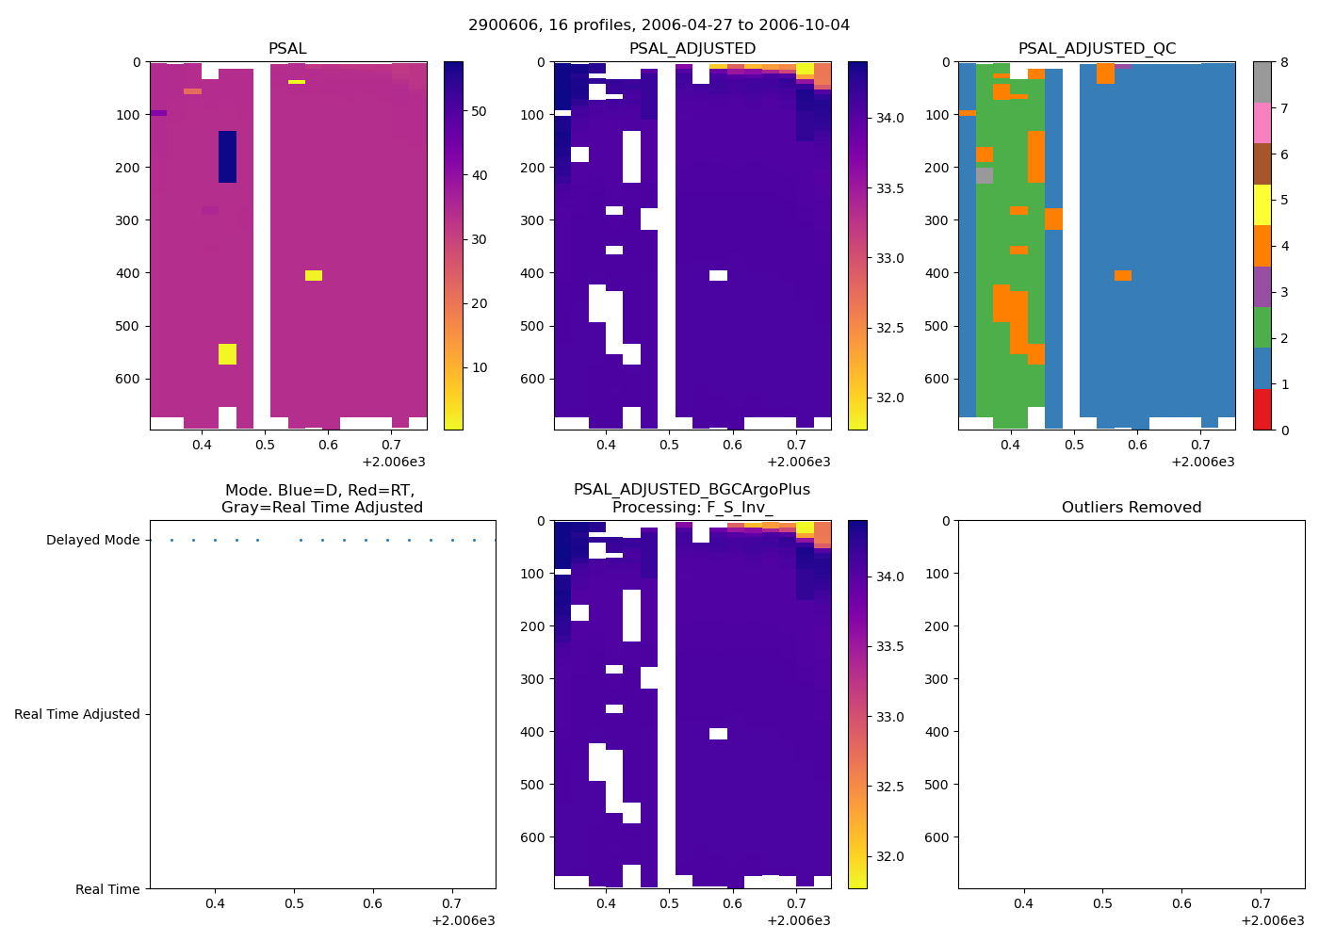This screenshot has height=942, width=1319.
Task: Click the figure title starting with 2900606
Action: (x=659, y=25)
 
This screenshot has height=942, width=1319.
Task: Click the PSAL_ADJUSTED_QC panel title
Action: (x=1097, y=49)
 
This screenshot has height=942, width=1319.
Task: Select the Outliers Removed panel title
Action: (x=1131, y=508)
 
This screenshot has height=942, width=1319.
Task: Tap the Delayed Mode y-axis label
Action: (x=92, y=541)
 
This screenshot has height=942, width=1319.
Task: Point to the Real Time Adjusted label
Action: (x=77, y=715)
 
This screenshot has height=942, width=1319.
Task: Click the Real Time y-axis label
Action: (x=107, y=889)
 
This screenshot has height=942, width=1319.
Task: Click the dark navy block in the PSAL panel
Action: (x=227, y=156)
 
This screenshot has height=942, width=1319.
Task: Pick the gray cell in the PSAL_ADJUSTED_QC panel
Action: (x=985, y=175)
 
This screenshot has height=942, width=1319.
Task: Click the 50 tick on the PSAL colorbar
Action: (x=479, y=111)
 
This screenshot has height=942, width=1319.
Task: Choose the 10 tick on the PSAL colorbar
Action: (x=479, y=367)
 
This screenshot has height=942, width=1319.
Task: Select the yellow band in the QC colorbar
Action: (x=1262, y=204)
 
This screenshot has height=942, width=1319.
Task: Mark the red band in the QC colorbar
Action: (x=1262, y=410)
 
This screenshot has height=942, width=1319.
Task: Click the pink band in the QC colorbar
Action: (x=1262, y=122)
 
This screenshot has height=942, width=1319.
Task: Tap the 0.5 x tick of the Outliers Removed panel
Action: (x=1102, y=903)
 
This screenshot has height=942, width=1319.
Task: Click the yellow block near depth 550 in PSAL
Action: (x=227, y=354)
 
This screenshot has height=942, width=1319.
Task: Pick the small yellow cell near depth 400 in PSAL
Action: (x=314, y=276)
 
